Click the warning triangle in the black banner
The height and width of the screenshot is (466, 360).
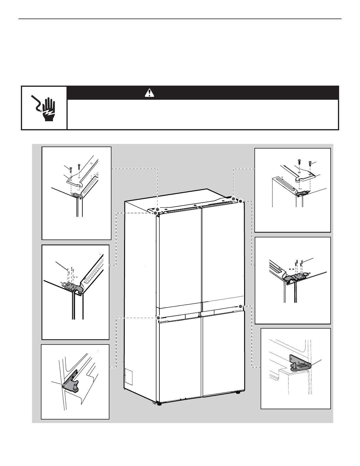pyautogui.click(x=149, y=93)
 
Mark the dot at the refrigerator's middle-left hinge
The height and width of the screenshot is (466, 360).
pyautogui.click(x=158, y=318)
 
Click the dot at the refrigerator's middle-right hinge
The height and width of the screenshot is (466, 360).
pyautogui.click(x=241, y=306)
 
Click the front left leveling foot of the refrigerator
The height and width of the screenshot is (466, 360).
pyautogui.click(x=159, y=404)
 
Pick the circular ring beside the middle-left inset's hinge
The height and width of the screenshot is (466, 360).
pyautogui.click(x=64, y=284)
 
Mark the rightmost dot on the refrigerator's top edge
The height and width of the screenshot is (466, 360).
pyautogui.click(x=241, y=201)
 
